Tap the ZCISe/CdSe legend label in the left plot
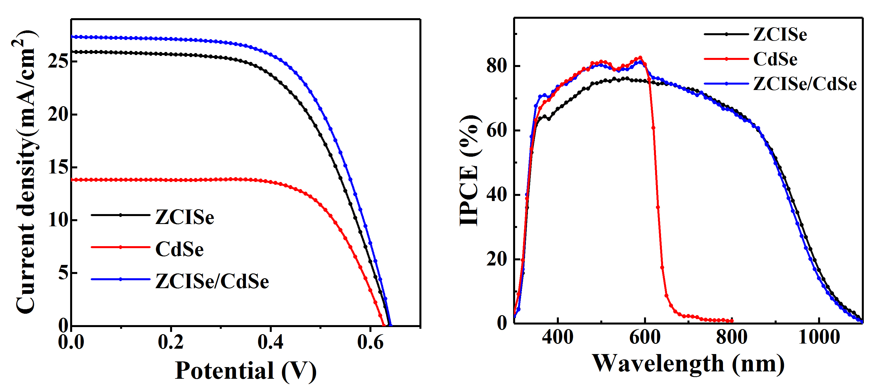coord(212,281)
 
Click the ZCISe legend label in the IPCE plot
coord(780,34)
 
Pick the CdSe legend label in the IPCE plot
coord(775,59)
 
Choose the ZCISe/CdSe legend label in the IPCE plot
coord(805,84)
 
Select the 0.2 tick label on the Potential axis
coord(171,342)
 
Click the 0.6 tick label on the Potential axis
coord(370,342)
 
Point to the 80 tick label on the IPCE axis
coord(497,66)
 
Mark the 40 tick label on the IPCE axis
coord(497,194)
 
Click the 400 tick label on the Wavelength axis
coord(558,337)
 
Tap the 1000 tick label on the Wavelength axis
coord(819,337)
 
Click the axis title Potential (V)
coord(245,370)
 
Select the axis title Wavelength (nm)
coord(688,363)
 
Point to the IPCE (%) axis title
coord(470,170)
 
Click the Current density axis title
coord(26,172)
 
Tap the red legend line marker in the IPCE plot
coord(726,59)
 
